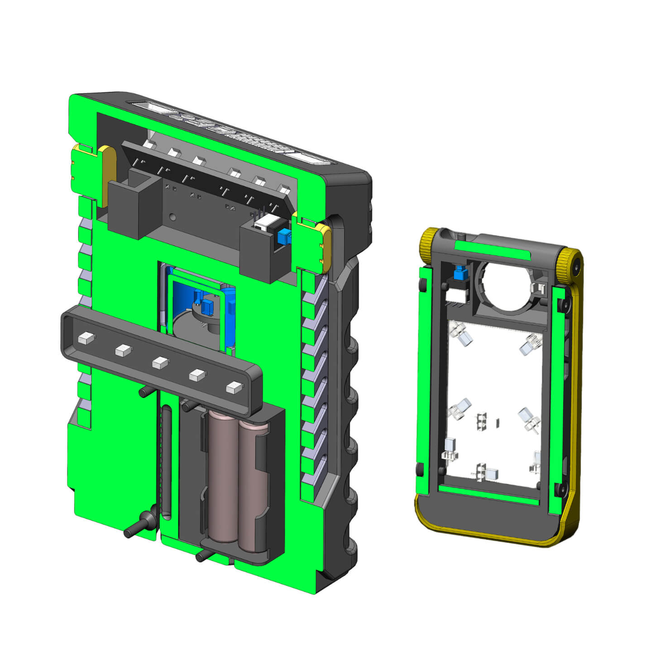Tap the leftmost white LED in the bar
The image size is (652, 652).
tap(85, 337)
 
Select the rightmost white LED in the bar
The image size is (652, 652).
tap(234, 387)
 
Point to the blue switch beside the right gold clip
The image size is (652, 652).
tap(284, 236)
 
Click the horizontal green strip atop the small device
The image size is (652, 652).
tap(492, 250)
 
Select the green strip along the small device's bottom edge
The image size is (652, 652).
tap(489, 496)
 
